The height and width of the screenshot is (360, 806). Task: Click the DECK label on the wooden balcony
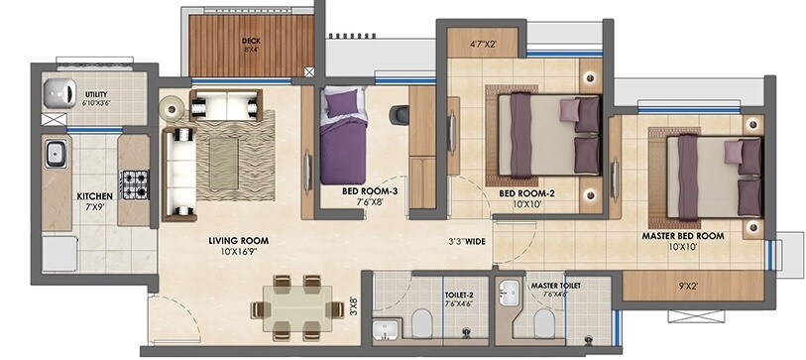(x=251, y=42)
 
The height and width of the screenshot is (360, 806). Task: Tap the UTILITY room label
(x=96, y=94)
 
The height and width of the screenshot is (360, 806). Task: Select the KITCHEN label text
(x=94, y=196)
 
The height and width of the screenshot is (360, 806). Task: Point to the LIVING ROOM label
(x=238, y=240)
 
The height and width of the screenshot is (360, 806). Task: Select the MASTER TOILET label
(x=556, y=286)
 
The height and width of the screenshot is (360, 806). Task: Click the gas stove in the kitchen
(x=134, y=182)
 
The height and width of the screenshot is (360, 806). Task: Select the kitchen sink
(x=55, y=155)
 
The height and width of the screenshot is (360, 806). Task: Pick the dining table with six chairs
(x=290, y=306)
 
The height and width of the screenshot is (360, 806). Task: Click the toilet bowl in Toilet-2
(x=421, y=321)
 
